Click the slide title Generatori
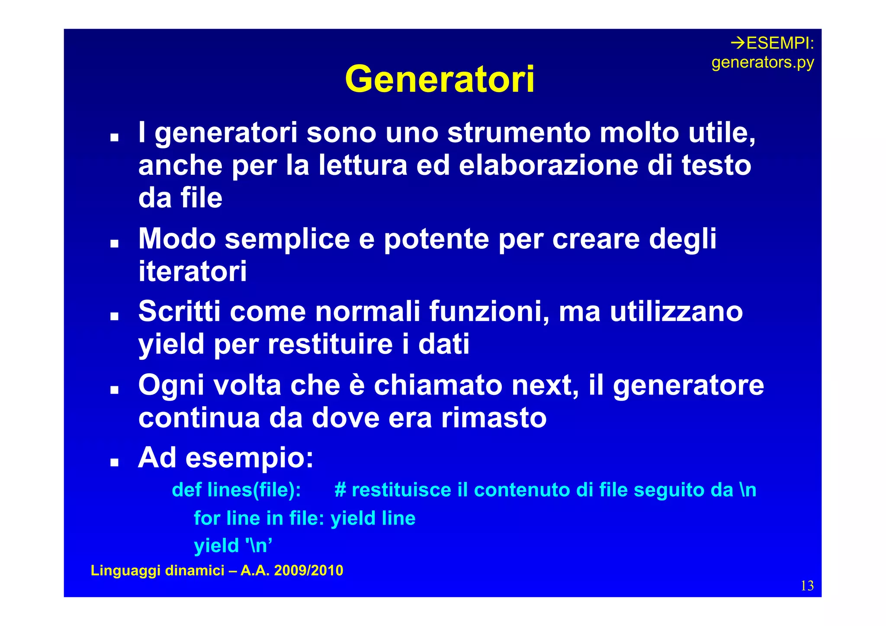click(x=440, y=79)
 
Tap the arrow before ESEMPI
click(x=738, y=43)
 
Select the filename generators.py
click(x=762, y=63)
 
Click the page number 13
click(x=807, y=586)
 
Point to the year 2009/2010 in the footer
click(x=308, y=571)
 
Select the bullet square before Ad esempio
click(x=114, y=462)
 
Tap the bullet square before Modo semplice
click(x=114, y=243)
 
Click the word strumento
click(x=519, y=132)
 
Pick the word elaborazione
click(x=548, y=165)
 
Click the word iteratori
click(x=193, y=272)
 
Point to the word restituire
click(x=330, y=344)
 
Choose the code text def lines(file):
click(x=236, y=490)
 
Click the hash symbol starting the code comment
click(x=340, y=490)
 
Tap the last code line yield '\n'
click(x=233, y=546)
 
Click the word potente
click(x=436, y=239)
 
